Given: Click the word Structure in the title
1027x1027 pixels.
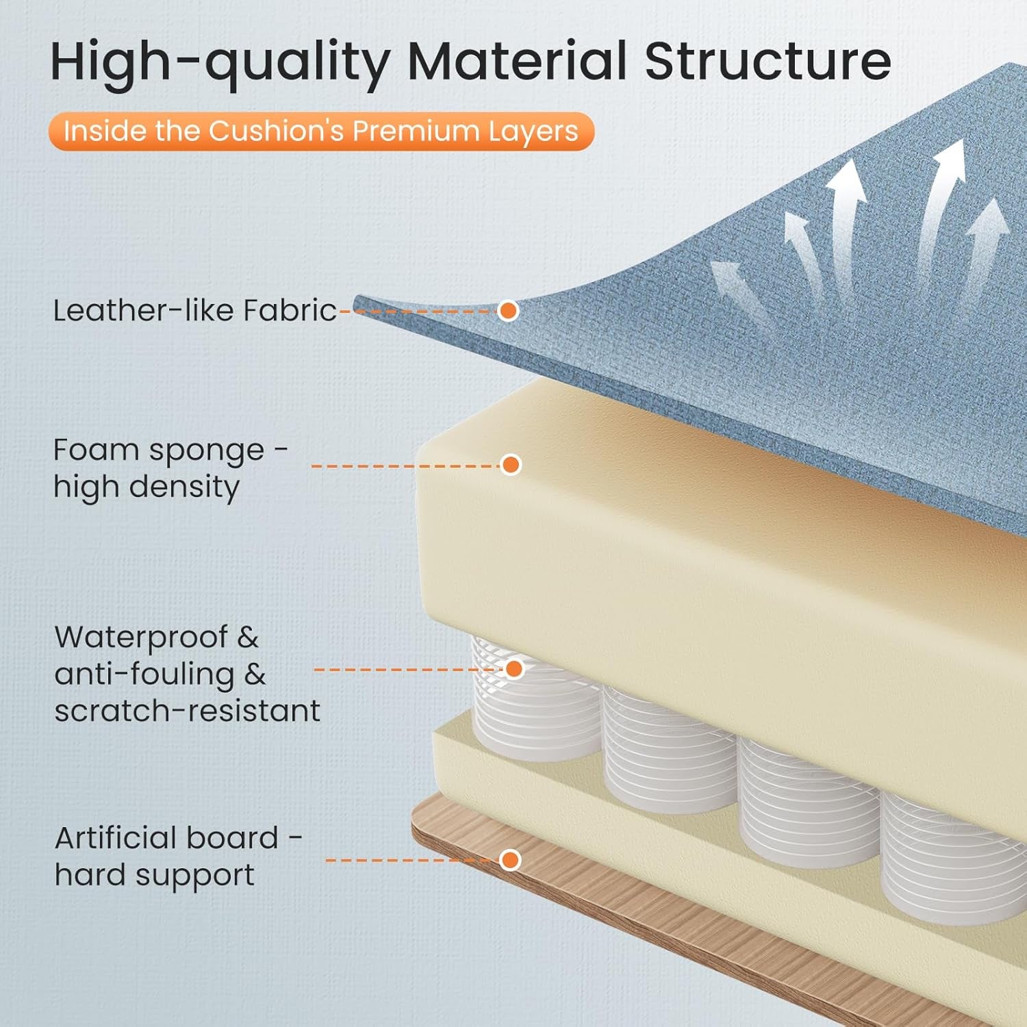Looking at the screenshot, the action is pyautogui.click(x=768, y=61).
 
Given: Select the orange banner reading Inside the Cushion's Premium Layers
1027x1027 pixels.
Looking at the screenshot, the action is pyautogui.click(x=321, y=131).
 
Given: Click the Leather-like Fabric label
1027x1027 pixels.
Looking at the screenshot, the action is pyautogui.click(x=194, y=310).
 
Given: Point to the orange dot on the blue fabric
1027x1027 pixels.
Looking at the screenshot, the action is pyautogui.click(x=508, y=310).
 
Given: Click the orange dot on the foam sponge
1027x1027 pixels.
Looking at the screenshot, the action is pyautogui.click(x=510, y=465).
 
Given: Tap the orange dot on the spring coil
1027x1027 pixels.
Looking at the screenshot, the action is pyautogui.click(x=514, y=668).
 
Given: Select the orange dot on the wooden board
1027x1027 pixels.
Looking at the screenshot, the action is pyautogui.click(x=510, y=860).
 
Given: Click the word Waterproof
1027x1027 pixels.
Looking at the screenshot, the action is pyautogui.click(x=141, y=637).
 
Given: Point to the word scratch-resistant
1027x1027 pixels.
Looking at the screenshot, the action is pyautogui.click(x=187, y=711).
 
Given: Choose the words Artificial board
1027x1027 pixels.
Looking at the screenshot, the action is pyautogui.click(x=166, y=837).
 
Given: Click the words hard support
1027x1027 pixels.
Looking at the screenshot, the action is pyautogui.click(x=154, y=875).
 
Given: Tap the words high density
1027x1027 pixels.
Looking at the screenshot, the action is pyautogui.click(x=147, y=487).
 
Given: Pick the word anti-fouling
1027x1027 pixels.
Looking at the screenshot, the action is pyautogui.click(x=144, y=674).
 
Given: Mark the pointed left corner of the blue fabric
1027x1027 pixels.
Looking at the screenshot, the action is pyautogui.click(x=354, y=299).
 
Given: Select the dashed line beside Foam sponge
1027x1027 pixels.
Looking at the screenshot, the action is pyautogui.click(x=405, y=466).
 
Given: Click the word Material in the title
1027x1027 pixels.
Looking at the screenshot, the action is pyautogui.click(x=517, y=61).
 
